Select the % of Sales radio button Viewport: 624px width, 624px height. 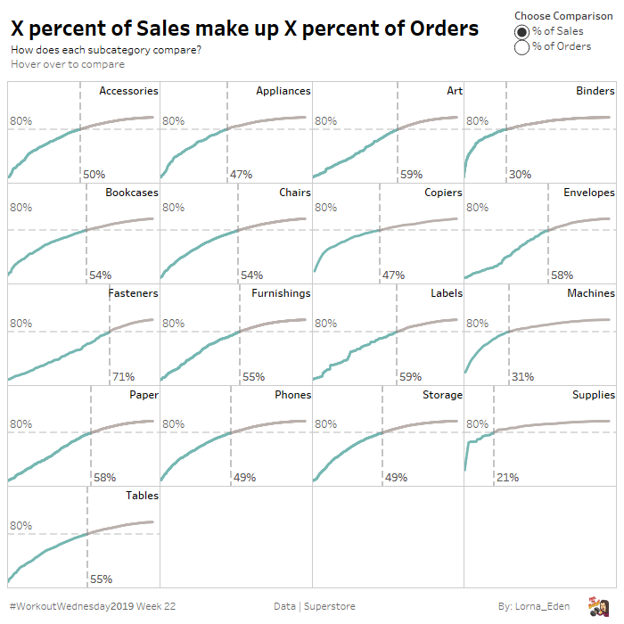pyautogui.click(x=521, y=31)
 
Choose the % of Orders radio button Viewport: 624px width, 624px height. pyautogui.click(x=521, y=47)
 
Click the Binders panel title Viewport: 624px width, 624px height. pyautogui.click(x=595, y=91)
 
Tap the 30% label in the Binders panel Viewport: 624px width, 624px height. pyautogui.click(x=520, y=175)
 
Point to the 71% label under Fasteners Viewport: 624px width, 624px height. pyautogui.click(x=123, y=377)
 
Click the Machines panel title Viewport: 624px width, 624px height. pyautogui.click(x=590, y=293)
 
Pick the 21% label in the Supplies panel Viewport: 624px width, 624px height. pyautogui.click(x=507, y=478)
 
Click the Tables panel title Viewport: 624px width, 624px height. pyautogui.click(x=142, y=496)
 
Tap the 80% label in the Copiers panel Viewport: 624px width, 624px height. pyautogui.click(x=325, y=208)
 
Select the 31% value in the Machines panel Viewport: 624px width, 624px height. pyautogui.click(x=522, y=377)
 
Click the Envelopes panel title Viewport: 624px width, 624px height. pyautogui.click(x=588, y=193)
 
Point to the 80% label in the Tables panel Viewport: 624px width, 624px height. pyautogui.click(x=21, y=526)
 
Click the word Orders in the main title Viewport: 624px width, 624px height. pyautogui.click(x=436, y=29)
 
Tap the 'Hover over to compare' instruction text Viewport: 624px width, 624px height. pyautogui.click(x=68, y=64)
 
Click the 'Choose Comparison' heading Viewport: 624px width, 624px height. pyautogui.click(x=563, y=16)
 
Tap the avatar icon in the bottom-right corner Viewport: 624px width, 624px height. pyautogui.click(x=597, y=605)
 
